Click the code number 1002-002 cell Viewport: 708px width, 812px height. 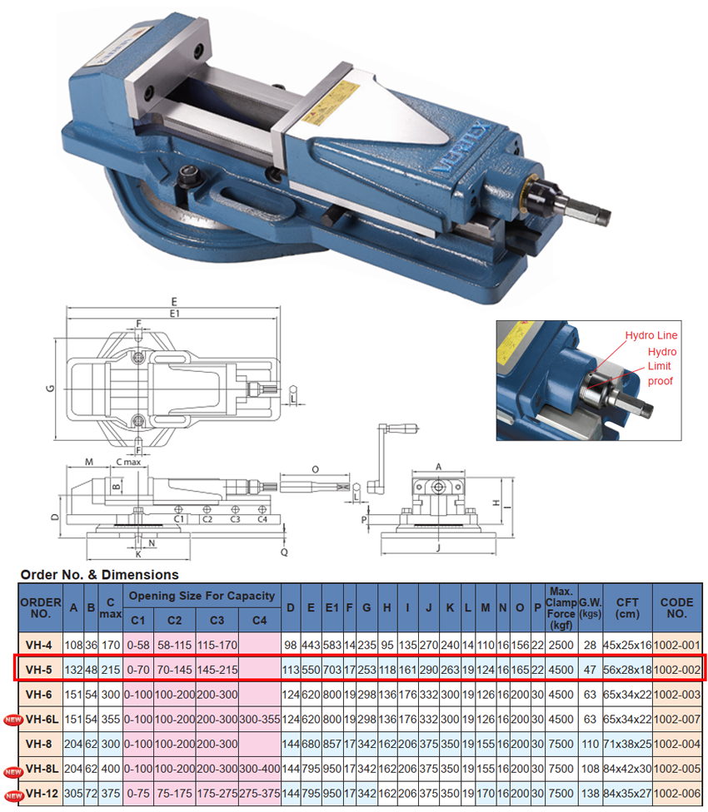(x=677, y=670)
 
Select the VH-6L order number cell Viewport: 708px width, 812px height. (x=42, y=720)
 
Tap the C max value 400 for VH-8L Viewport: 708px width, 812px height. (x=111, y=769)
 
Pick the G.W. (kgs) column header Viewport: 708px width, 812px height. (x=590, y=608)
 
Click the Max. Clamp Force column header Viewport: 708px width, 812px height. (x=561, y=608)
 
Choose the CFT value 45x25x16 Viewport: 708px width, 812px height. (x=627, y=646)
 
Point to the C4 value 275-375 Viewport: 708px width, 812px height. (x=260, y=794)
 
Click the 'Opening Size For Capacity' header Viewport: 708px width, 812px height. (x=202, y=596)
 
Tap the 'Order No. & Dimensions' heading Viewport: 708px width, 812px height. (x=99, y=574)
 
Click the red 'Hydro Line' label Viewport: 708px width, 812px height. (x=651, y=335)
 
